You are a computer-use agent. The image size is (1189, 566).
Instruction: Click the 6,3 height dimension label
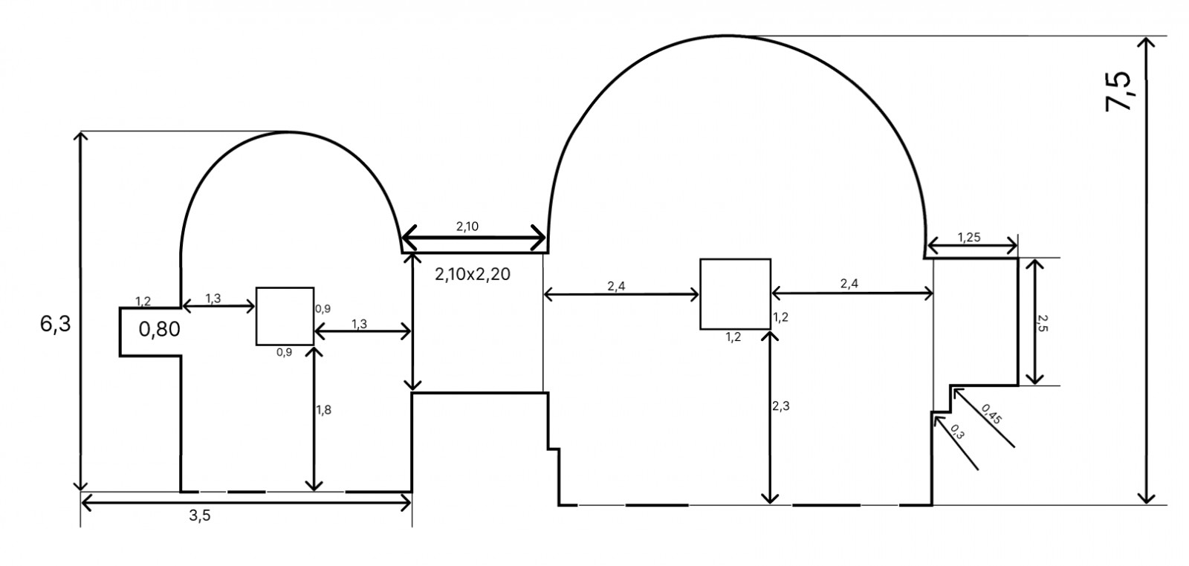pos(55,324)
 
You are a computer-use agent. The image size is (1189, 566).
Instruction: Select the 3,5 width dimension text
pos(200,515)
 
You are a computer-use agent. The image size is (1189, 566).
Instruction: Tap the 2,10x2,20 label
pos(473,274)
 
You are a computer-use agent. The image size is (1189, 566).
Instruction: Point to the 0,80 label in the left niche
pos(159,329)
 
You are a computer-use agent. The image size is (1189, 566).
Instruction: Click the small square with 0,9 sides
pos(285,316)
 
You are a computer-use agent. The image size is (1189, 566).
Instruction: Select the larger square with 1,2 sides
pos(735,294)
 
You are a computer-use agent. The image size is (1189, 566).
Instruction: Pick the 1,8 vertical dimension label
pos(324,409)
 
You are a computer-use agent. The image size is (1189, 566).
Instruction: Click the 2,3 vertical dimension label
pos(781,406)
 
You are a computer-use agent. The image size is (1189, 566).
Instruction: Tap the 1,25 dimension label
pos(969,237)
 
